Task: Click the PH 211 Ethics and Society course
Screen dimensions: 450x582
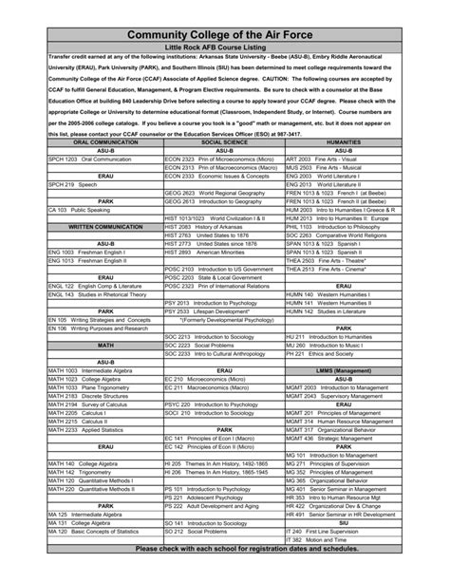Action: coord(318,352)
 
